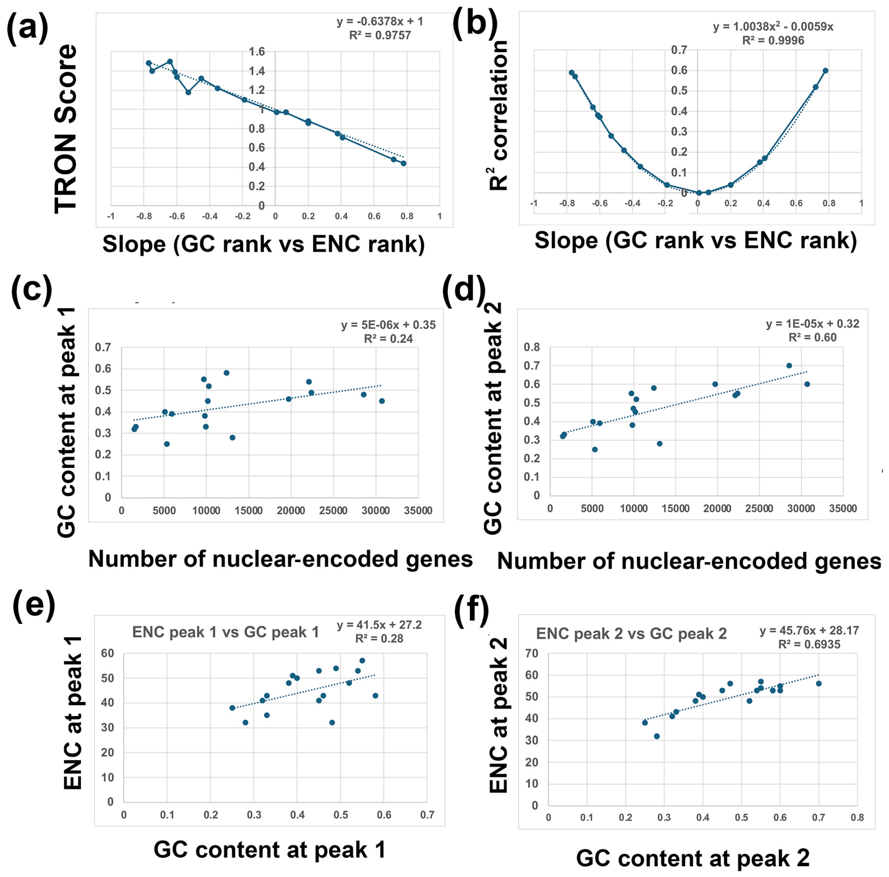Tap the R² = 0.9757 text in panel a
coord(380,35)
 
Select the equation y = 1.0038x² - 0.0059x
coord(773,27)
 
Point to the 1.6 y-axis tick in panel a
coord(257,51)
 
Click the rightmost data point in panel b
coord(826,70)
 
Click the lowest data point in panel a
coord(403,163)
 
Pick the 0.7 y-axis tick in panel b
coord(678,50)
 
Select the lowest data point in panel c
coord(167,444)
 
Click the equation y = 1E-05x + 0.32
coord(812,324)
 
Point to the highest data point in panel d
coord(789,366)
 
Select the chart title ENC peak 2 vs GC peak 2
coord(631,634)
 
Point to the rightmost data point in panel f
coord(819,683)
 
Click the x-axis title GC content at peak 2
coord(693,858)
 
